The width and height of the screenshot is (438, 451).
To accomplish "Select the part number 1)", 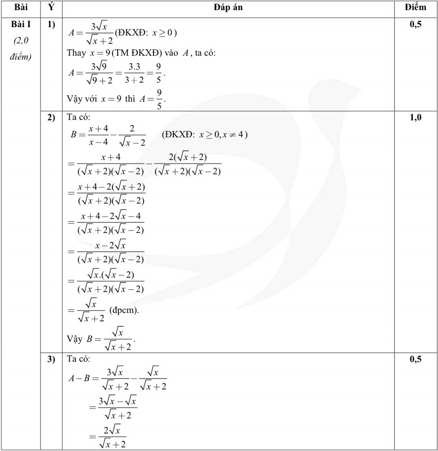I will [51, 25].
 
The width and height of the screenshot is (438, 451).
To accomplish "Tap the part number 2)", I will [51, 118].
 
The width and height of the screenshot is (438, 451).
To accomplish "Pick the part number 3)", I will [51, 359].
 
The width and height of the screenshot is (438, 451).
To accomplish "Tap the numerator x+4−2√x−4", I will [111, 216].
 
